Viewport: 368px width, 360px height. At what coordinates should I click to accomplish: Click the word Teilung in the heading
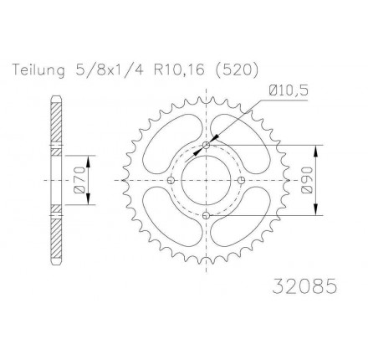[38, 70]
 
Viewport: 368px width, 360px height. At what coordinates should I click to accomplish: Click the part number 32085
[304, 286]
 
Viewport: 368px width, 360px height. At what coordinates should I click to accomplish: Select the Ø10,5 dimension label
[289, 90]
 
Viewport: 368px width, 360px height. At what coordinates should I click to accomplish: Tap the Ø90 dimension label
[306, 180]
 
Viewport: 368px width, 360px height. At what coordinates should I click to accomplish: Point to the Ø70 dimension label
[79, 180]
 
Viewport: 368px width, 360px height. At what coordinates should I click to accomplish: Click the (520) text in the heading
[238, 70]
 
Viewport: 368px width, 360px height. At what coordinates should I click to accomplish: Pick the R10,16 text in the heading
[179, 70]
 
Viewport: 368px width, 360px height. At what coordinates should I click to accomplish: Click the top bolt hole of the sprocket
[207, 145]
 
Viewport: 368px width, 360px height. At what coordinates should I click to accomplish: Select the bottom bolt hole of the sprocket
[207, 215]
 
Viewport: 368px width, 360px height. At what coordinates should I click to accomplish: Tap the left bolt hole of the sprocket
[171, 180]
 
